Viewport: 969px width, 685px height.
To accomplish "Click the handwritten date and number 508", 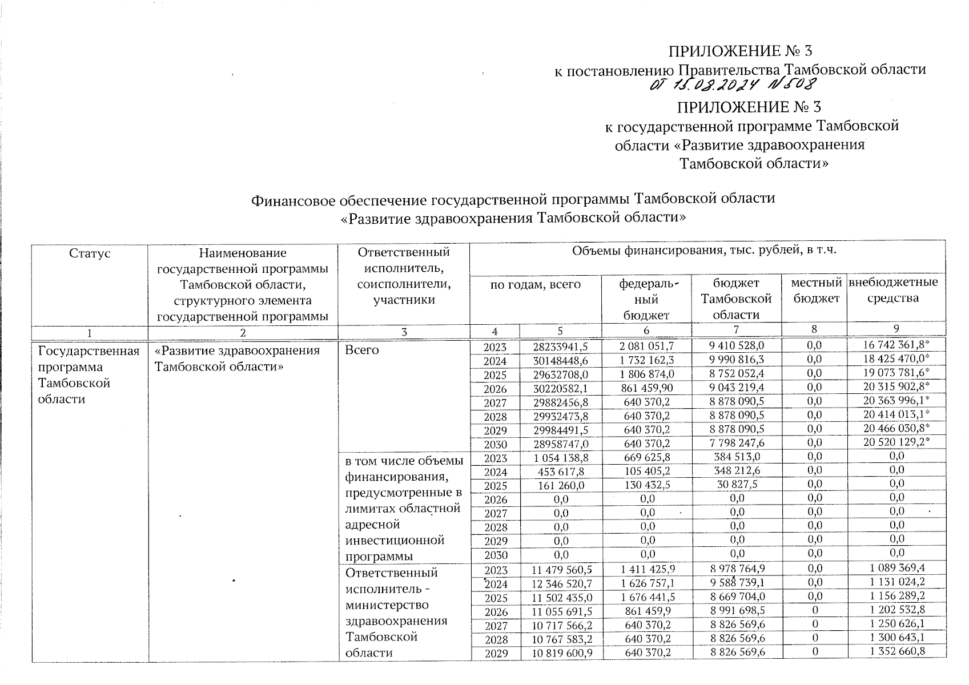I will click(x=734, y=86).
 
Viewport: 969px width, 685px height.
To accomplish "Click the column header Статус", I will click(x=89, y=253).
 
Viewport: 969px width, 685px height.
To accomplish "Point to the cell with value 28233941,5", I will click(x=560, y=346).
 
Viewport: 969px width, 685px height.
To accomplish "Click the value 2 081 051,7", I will click(x=646, y=346).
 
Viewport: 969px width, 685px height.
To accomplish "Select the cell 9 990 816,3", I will click(x=737, y=360).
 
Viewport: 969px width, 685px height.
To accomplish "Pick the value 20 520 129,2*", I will click(x=896, y=442).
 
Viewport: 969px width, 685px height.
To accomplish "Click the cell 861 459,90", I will click(x=646, y=388).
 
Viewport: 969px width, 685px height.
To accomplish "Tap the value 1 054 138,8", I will click(x=560, y=457).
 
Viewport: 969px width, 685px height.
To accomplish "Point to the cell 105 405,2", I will click(x=646, y=471).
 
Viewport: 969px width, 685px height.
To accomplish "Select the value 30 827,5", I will click(x=737, y=485).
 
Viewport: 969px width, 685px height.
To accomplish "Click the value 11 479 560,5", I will click(x=561, y=570).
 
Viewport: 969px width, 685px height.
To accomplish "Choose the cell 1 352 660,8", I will click(x=896, y=652).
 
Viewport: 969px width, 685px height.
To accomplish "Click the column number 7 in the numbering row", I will click(x=736, y=329).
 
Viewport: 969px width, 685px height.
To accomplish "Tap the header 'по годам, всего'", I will click(x=536, y=284).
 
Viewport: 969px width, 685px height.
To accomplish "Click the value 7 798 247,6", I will click(x=737, y=442).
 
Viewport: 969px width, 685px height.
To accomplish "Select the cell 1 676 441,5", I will click(x=646, y=597).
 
